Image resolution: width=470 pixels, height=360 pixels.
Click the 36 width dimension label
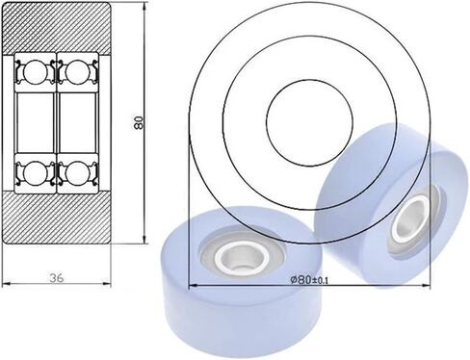click(57, 277)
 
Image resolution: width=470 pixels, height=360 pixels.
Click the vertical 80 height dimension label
click(139, 122)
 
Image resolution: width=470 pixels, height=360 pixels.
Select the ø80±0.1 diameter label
click(309, 280)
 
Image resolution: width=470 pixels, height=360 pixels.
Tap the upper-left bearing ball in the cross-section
click(35, 72)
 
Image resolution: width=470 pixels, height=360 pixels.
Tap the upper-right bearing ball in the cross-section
click(77, 72)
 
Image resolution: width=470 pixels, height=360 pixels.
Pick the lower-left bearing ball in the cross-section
click(35, 173)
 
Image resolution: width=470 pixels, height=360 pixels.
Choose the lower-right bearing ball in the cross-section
click(77, 173)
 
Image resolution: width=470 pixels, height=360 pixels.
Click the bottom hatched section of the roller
click(57, 218)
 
